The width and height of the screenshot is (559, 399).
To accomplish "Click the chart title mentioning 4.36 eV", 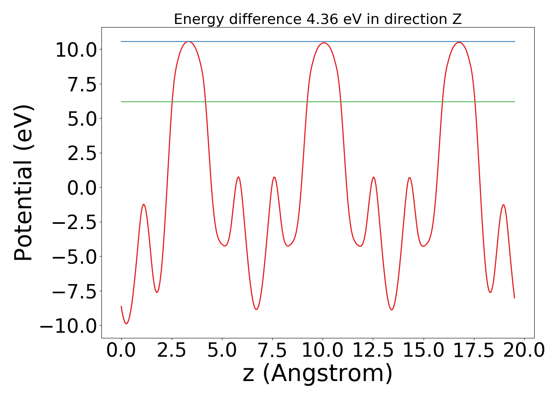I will [x=317, y=19].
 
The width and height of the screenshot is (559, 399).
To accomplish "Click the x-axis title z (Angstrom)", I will [x=317, y=373].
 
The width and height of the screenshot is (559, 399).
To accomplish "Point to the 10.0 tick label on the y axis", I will [x=76, y=50].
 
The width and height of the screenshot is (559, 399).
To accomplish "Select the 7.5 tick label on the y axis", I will [x=82, y=85].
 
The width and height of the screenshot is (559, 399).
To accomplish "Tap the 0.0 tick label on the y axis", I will [x=82, y=188].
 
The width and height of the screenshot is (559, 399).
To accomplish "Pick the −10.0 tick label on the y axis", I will [x=68, y=326].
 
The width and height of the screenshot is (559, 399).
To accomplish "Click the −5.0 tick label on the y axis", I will [x=74, y=257].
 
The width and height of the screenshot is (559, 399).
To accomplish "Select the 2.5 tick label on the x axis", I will [x=172, y=351].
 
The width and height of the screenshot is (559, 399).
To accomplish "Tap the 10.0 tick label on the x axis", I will [x=323, y=351].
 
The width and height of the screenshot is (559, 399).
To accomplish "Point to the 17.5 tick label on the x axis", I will [x=474, y=351].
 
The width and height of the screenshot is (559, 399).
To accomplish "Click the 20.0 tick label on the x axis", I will [x=524, y=351].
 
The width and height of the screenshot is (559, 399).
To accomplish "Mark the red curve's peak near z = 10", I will [x=323, y=43].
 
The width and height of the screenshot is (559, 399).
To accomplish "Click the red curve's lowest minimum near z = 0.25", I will [x=126, y=323].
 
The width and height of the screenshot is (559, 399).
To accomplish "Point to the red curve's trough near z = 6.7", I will [x=256, y=309].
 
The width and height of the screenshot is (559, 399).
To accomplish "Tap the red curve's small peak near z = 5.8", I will [x=238, y=177].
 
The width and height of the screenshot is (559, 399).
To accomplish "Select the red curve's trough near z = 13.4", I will [x=392, y=310].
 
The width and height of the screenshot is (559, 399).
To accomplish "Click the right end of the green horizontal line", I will [x=515, y=102].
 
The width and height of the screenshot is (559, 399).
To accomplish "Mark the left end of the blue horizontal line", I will [x=121, y=41].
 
